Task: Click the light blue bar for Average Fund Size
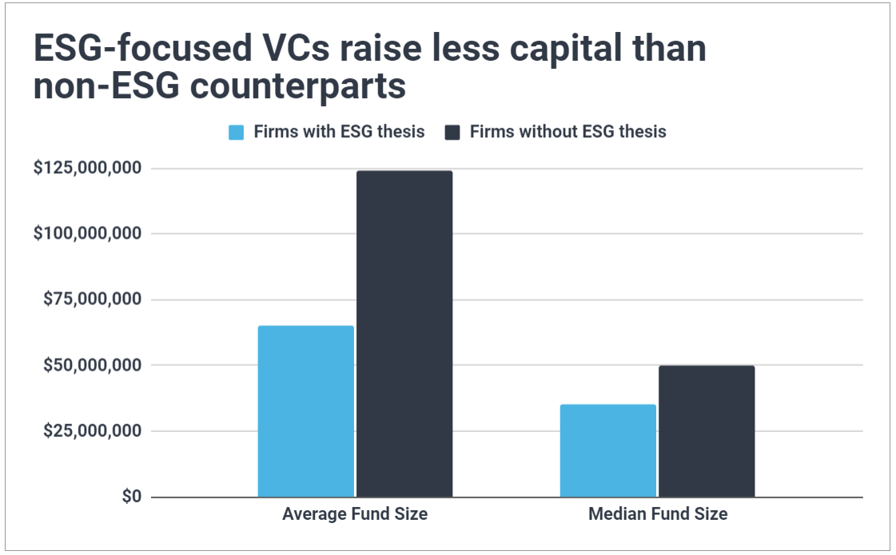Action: click(x=305, y=411)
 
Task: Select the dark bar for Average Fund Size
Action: click(x=404, y=334)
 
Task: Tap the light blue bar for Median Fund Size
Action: click(x=607, y=450)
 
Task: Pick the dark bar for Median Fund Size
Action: click(x=707, y=431)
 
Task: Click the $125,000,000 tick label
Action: click(x=87, y=168)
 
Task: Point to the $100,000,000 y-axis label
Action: click(x=87, y=234)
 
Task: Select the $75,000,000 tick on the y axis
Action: click(x=92, y=299)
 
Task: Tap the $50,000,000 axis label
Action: click(x=92, y=365)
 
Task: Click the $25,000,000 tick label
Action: click(x=92, y=431)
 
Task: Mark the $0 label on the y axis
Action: click(x=132, y=497)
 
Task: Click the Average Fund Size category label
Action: click(x=354, y=514)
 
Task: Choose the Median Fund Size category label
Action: click(x=657, y=514)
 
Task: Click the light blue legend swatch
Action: click(x=236, y=133)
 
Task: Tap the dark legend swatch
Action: click(x=452, y=133)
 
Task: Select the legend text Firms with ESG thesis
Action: click(x=339, y=132)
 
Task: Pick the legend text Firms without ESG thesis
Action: click(x=567, y=132)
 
